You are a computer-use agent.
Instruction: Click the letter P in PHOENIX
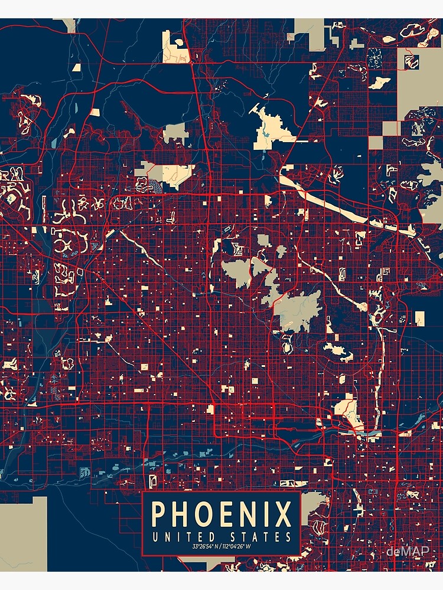pos(160,514)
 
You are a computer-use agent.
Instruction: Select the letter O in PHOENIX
pos(207,514)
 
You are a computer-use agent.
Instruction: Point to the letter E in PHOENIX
pos(230,514)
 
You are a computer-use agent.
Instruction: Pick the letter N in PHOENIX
pos(252,514)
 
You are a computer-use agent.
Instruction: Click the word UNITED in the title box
pos(178,537)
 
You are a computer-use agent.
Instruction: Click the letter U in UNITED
pos(155,537)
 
